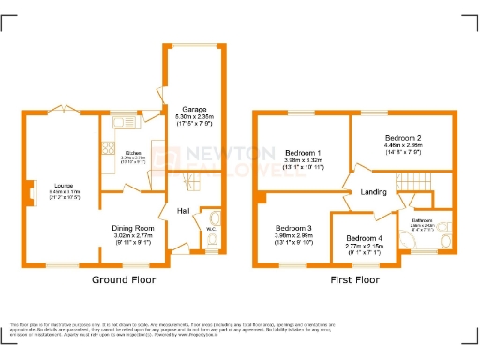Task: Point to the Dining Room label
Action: coord(132,228)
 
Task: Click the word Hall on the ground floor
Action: coord(183,211)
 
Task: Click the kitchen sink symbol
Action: coord(123,123)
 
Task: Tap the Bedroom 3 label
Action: coord(293,228)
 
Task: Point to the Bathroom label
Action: coord(424,220)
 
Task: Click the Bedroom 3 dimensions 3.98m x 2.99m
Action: coord(293,236)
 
